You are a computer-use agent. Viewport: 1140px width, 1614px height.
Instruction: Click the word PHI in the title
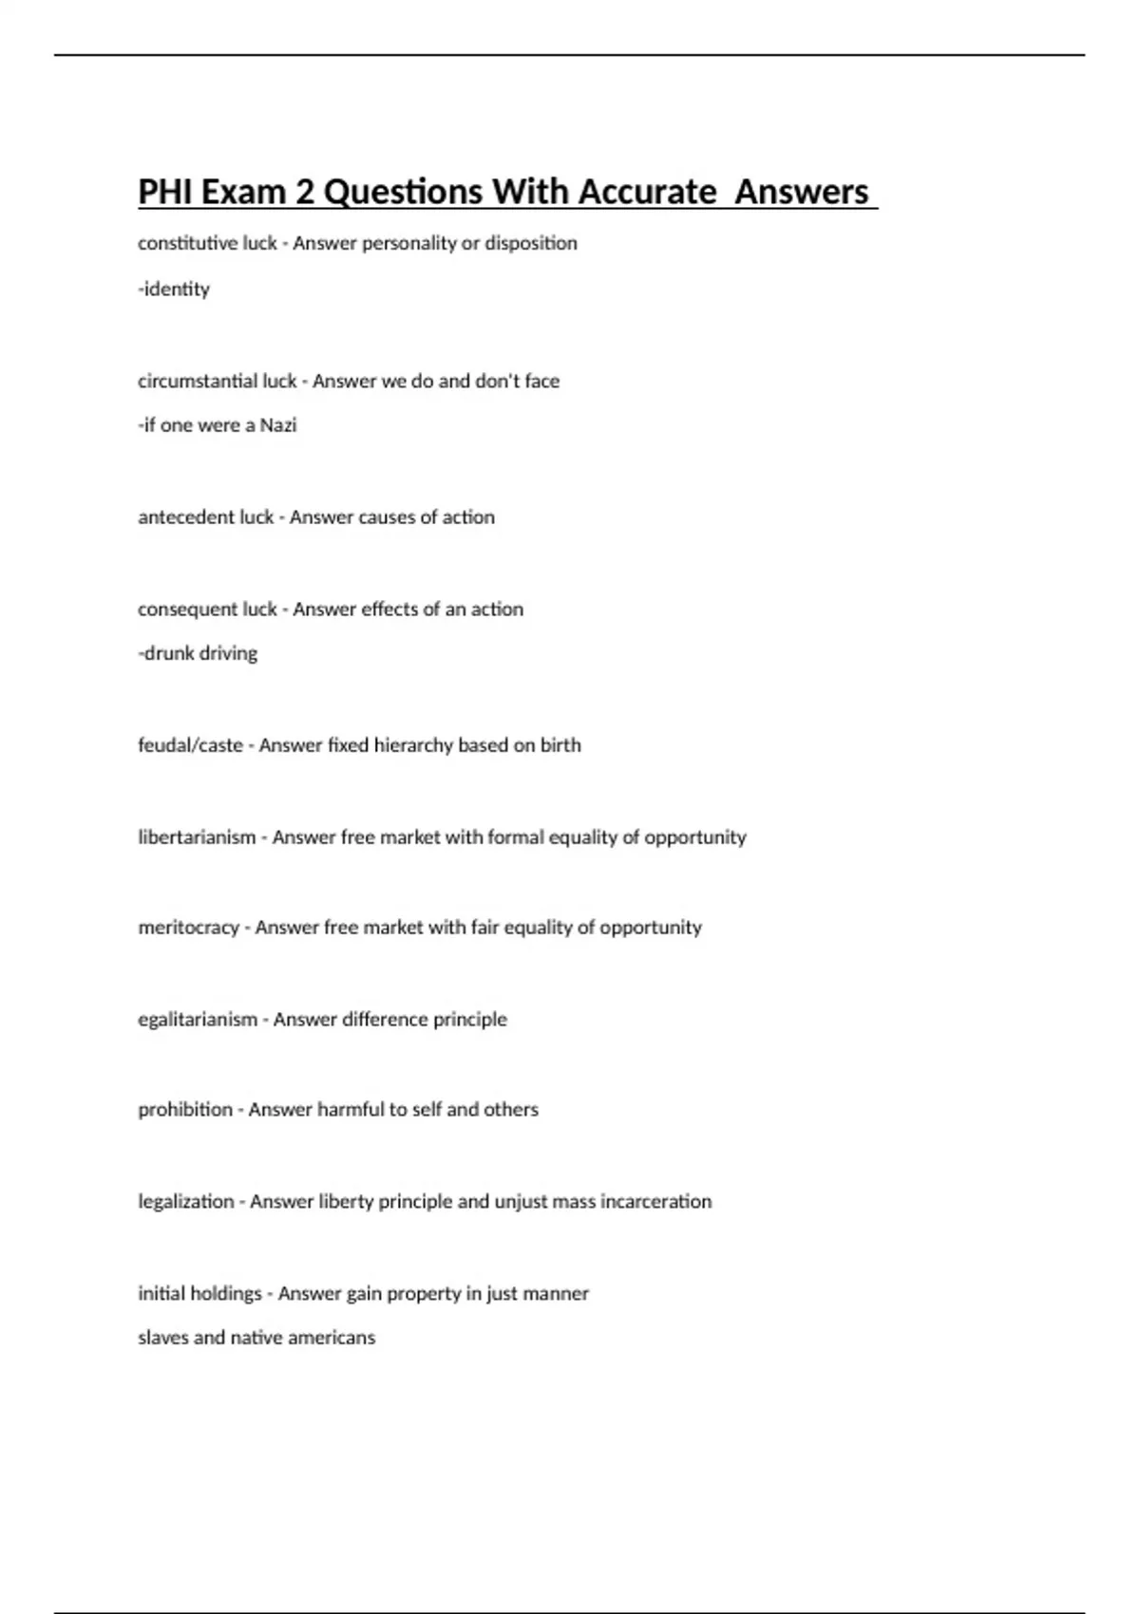(x=162, y=192)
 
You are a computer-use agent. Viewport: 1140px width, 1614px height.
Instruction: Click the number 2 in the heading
(x=304, y=192)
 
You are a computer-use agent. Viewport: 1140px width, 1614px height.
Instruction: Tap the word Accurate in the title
(x=647, y=192)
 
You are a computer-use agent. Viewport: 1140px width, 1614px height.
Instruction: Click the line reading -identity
(x=174, y=289)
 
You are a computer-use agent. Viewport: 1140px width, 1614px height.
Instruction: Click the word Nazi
(x=278, y=425)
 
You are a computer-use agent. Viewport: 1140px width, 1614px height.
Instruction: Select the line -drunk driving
(x=198, y=653)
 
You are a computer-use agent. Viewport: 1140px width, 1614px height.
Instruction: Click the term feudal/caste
(x=190, y=745)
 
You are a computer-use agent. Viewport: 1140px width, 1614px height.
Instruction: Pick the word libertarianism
(x=197, y=837)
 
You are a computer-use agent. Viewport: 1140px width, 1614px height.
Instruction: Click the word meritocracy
(x=188, y=928)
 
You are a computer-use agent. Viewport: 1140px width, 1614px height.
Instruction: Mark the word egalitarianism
(x=198, y=1020)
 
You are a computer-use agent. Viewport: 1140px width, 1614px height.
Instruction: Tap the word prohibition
(x=184, y=1110)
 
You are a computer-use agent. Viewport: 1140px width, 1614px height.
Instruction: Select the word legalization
(x=185, y=1202)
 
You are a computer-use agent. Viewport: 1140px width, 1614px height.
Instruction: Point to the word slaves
(x=162, y=1338)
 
